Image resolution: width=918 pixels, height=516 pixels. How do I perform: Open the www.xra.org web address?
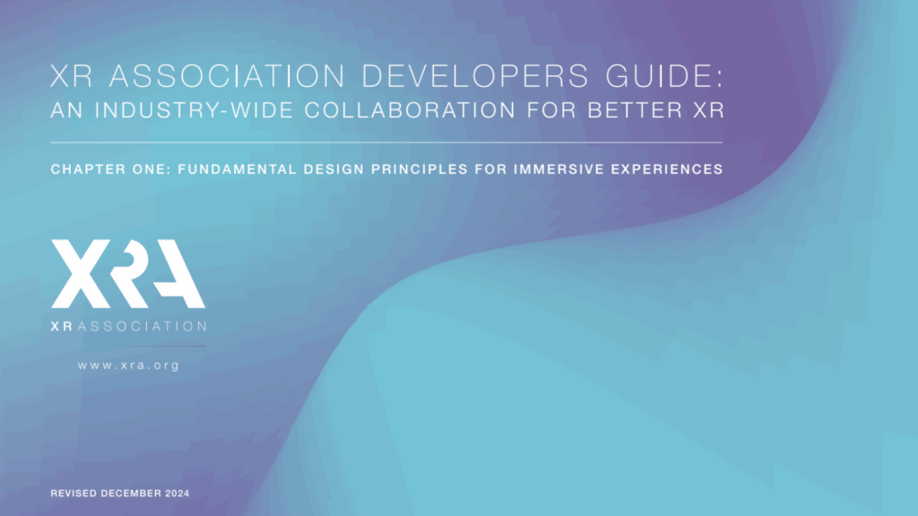(x=128, y=365)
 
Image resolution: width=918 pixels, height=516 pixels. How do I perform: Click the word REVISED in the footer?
(x=76, y=494)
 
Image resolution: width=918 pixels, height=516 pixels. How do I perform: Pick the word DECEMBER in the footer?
(x=133, y=494)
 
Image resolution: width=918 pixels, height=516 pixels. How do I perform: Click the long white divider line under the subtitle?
(x=385, y=142)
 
